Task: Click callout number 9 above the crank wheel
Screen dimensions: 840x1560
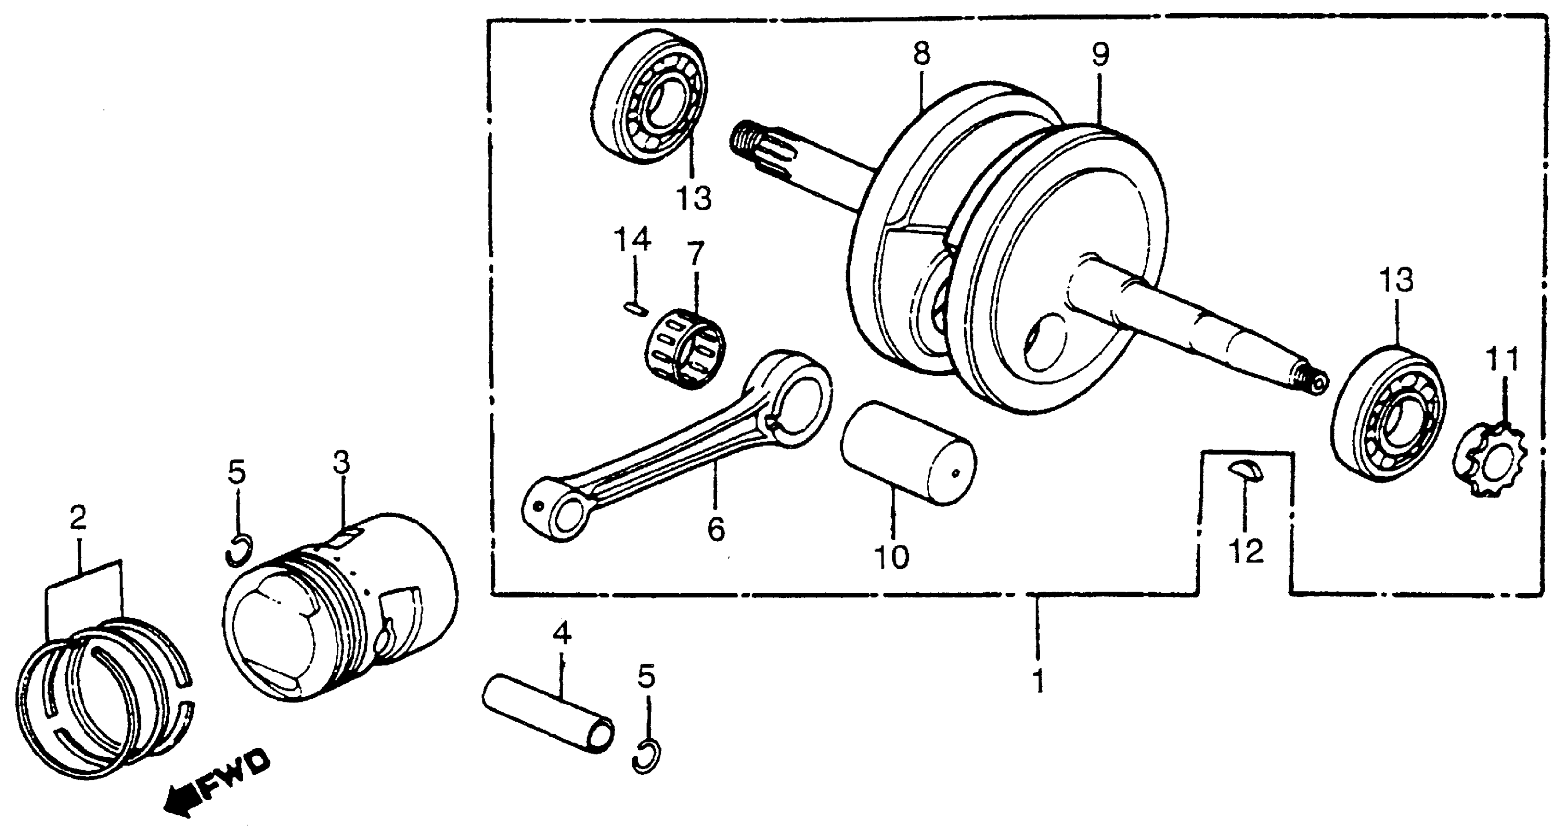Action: coord(1100,54)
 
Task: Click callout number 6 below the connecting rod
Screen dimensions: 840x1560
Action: coord(715,529)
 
